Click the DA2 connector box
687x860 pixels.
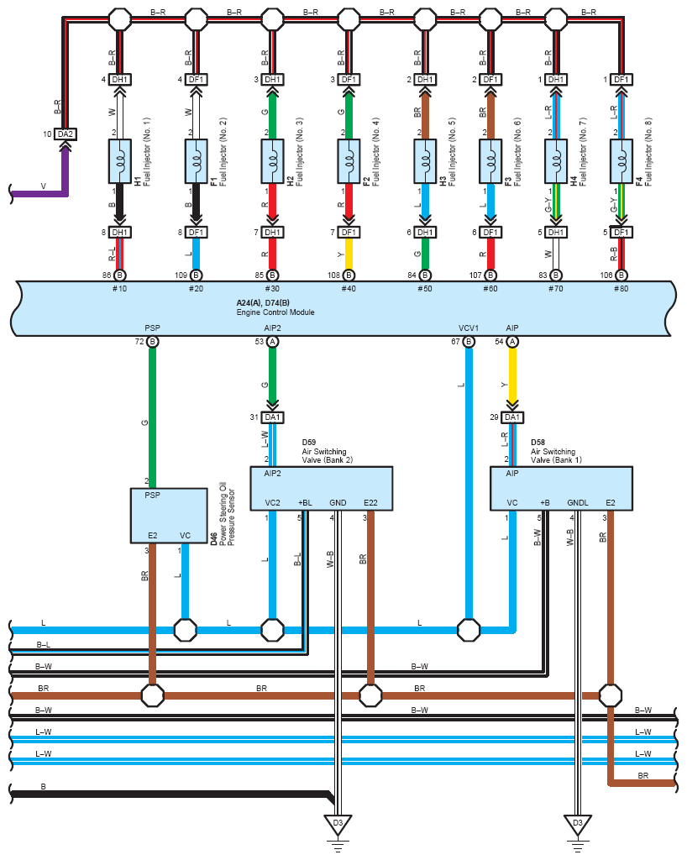(66, 134)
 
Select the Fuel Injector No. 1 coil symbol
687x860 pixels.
(119, 161)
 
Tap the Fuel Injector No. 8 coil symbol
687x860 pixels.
(621, 161)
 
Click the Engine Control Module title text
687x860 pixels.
(275, 312)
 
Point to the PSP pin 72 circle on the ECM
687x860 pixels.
(152, 342)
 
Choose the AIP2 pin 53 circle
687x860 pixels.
(272, 342)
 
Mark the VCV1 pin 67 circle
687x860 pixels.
(469, 342)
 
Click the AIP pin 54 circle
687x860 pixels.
(512, 342)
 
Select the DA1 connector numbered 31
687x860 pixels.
(272, 417)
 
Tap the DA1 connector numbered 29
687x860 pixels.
(512, 417)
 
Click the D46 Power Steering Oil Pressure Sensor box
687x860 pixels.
(169, 516)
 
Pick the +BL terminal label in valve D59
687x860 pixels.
(305, 502)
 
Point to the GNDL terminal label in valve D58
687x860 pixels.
(577, 502)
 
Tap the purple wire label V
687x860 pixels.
(44, 186)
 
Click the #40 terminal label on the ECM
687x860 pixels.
(349, 289)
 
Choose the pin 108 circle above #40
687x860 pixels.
(349, 275)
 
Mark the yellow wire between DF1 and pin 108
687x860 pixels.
(349, 254)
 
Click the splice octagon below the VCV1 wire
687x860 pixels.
(469, 630)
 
